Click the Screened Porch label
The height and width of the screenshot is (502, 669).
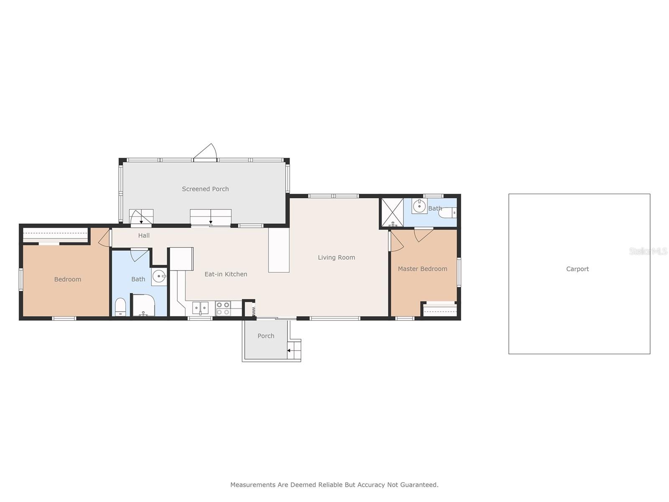click(205, 189)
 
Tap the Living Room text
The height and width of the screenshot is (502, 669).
click(336, 258)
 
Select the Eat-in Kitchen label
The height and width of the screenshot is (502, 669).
click(225, 274)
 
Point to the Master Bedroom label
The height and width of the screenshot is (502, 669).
click(422, 269)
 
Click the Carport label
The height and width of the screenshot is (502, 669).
click(577, 269)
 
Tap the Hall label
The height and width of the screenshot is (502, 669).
click(144, 236)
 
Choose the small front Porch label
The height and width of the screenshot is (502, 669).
click(266, 336)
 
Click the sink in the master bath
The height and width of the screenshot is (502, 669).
click(419, 206)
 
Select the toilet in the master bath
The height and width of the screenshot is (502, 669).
click(447, 213)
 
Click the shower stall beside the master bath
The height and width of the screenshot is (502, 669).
click(393, 213)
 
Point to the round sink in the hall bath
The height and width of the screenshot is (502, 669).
click(159, 277)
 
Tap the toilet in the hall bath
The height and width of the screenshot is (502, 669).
click(120, 307)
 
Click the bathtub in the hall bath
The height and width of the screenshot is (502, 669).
click(143, 305)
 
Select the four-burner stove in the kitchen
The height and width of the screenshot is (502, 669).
click(223, 308)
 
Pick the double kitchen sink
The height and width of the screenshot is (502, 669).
click(200, 308)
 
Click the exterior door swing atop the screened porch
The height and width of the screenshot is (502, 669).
click(205, 151)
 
